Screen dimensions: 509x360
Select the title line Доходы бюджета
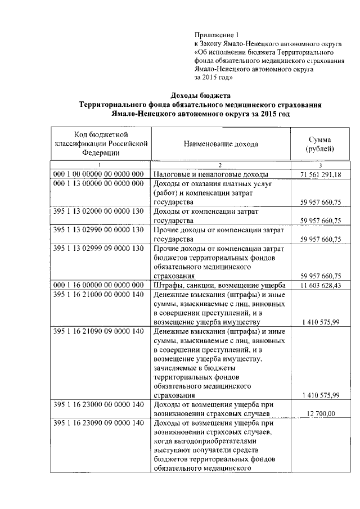(x=201, y=95)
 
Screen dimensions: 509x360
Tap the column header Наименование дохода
(x=220, y=144)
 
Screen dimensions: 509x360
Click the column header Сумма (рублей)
(x=319, y=144)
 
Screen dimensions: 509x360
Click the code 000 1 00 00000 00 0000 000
(x=100, y=174)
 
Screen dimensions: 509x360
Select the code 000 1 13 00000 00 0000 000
(x=100, y=184)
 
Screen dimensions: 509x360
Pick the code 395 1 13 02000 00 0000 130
(x=100, y=211)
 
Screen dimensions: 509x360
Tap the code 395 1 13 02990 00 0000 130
(x=100, y=230)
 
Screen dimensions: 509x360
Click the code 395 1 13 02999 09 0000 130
(x=100, y=249)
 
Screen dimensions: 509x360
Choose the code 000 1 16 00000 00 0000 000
(x=100, y=285)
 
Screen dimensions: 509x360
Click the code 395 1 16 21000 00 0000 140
(x=100, y=295)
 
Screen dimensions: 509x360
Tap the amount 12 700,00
(x=319, y=413)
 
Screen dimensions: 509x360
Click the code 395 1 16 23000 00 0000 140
(x=100, y=404)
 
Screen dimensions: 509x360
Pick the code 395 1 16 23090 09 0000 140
(x=100, y=423)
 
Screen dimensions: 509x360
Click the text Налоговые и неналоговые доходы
(x=210, y=174)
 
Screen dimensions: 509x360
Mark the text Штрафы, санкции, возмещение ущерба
(x=220, y=285)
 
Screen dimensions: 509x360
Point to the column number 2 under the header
(x=220, y=165)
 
